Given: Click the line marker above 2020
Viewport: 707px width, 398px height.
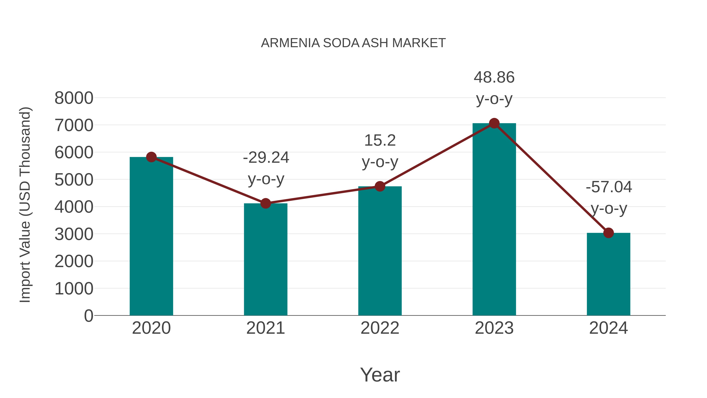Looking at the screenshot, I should point(151,157).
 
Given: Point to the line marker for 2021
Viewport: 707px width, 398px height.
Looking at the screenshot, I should point(265,204).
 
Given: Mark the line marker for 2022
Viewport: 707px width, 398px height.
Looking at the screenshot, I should point(380,187).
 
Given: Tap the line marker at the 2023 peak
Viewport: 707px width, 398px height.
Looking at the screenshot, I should point(494,123).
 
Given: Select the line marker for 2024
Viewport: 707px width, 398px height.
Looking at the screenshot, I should point(608,233).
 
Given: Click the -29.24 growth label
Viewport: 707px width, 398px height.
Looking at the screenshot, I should point(266,158).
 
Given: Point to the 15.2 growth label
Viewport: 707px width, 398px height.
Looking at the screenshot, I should point(380,141).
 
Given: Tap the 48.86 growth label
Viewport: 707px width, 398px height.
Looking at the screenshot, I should point(494,77).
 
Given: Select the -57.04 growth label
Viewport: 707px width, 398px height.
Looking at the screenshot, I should point(609,187).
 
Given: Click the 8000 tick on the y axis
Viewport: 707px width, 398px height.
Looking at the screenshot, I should point(74,98).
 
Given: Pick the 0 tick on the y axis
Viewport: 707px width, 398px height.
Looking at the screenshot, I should point(89,316).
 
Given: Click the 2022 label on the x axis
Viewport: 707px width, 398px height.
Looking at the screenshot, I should point(380,328).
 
